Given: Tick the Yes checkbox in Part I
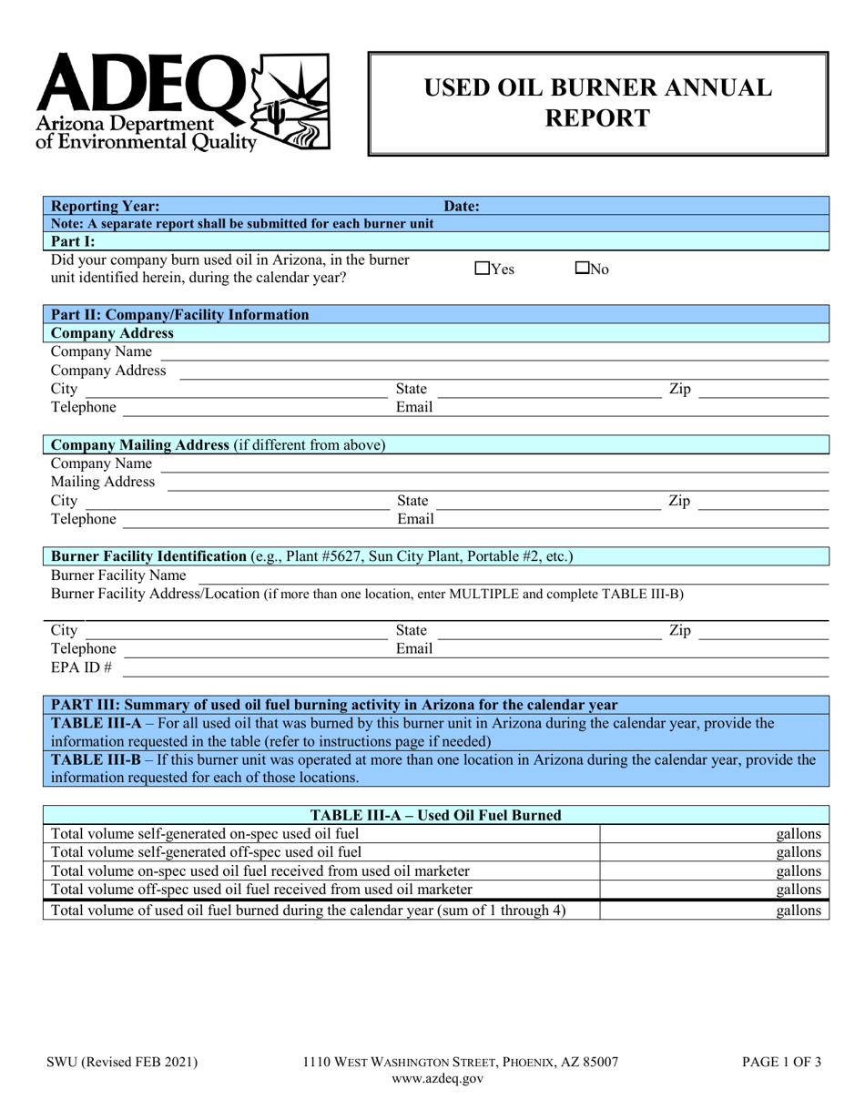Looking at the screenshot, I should [482, 269].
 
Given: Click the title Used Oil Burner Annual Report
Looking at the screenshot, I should [597, 103].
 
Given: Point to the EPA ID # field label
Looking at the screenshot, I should [81, 668].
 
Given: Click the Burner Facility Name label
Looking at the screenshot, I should [118, 575].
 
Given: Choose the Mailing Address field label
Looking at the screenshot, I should [102, 482].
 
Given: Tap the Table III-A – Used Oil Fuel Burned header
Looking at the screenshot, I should [436, 816].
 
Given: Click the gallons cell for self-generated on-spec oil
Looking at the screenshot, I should [714, 833].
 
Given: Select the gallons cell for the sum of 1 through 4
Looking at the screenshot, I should [714, 910].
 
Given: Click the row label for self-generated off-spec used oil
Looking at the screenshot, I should [207, 852].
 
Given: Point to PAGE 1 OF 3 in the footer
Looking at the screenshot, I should [779, 1061].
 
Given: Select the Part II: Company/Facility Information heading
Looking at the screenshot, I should [179, 315].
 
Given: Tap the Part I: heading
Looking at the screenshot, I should [80, 241].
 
